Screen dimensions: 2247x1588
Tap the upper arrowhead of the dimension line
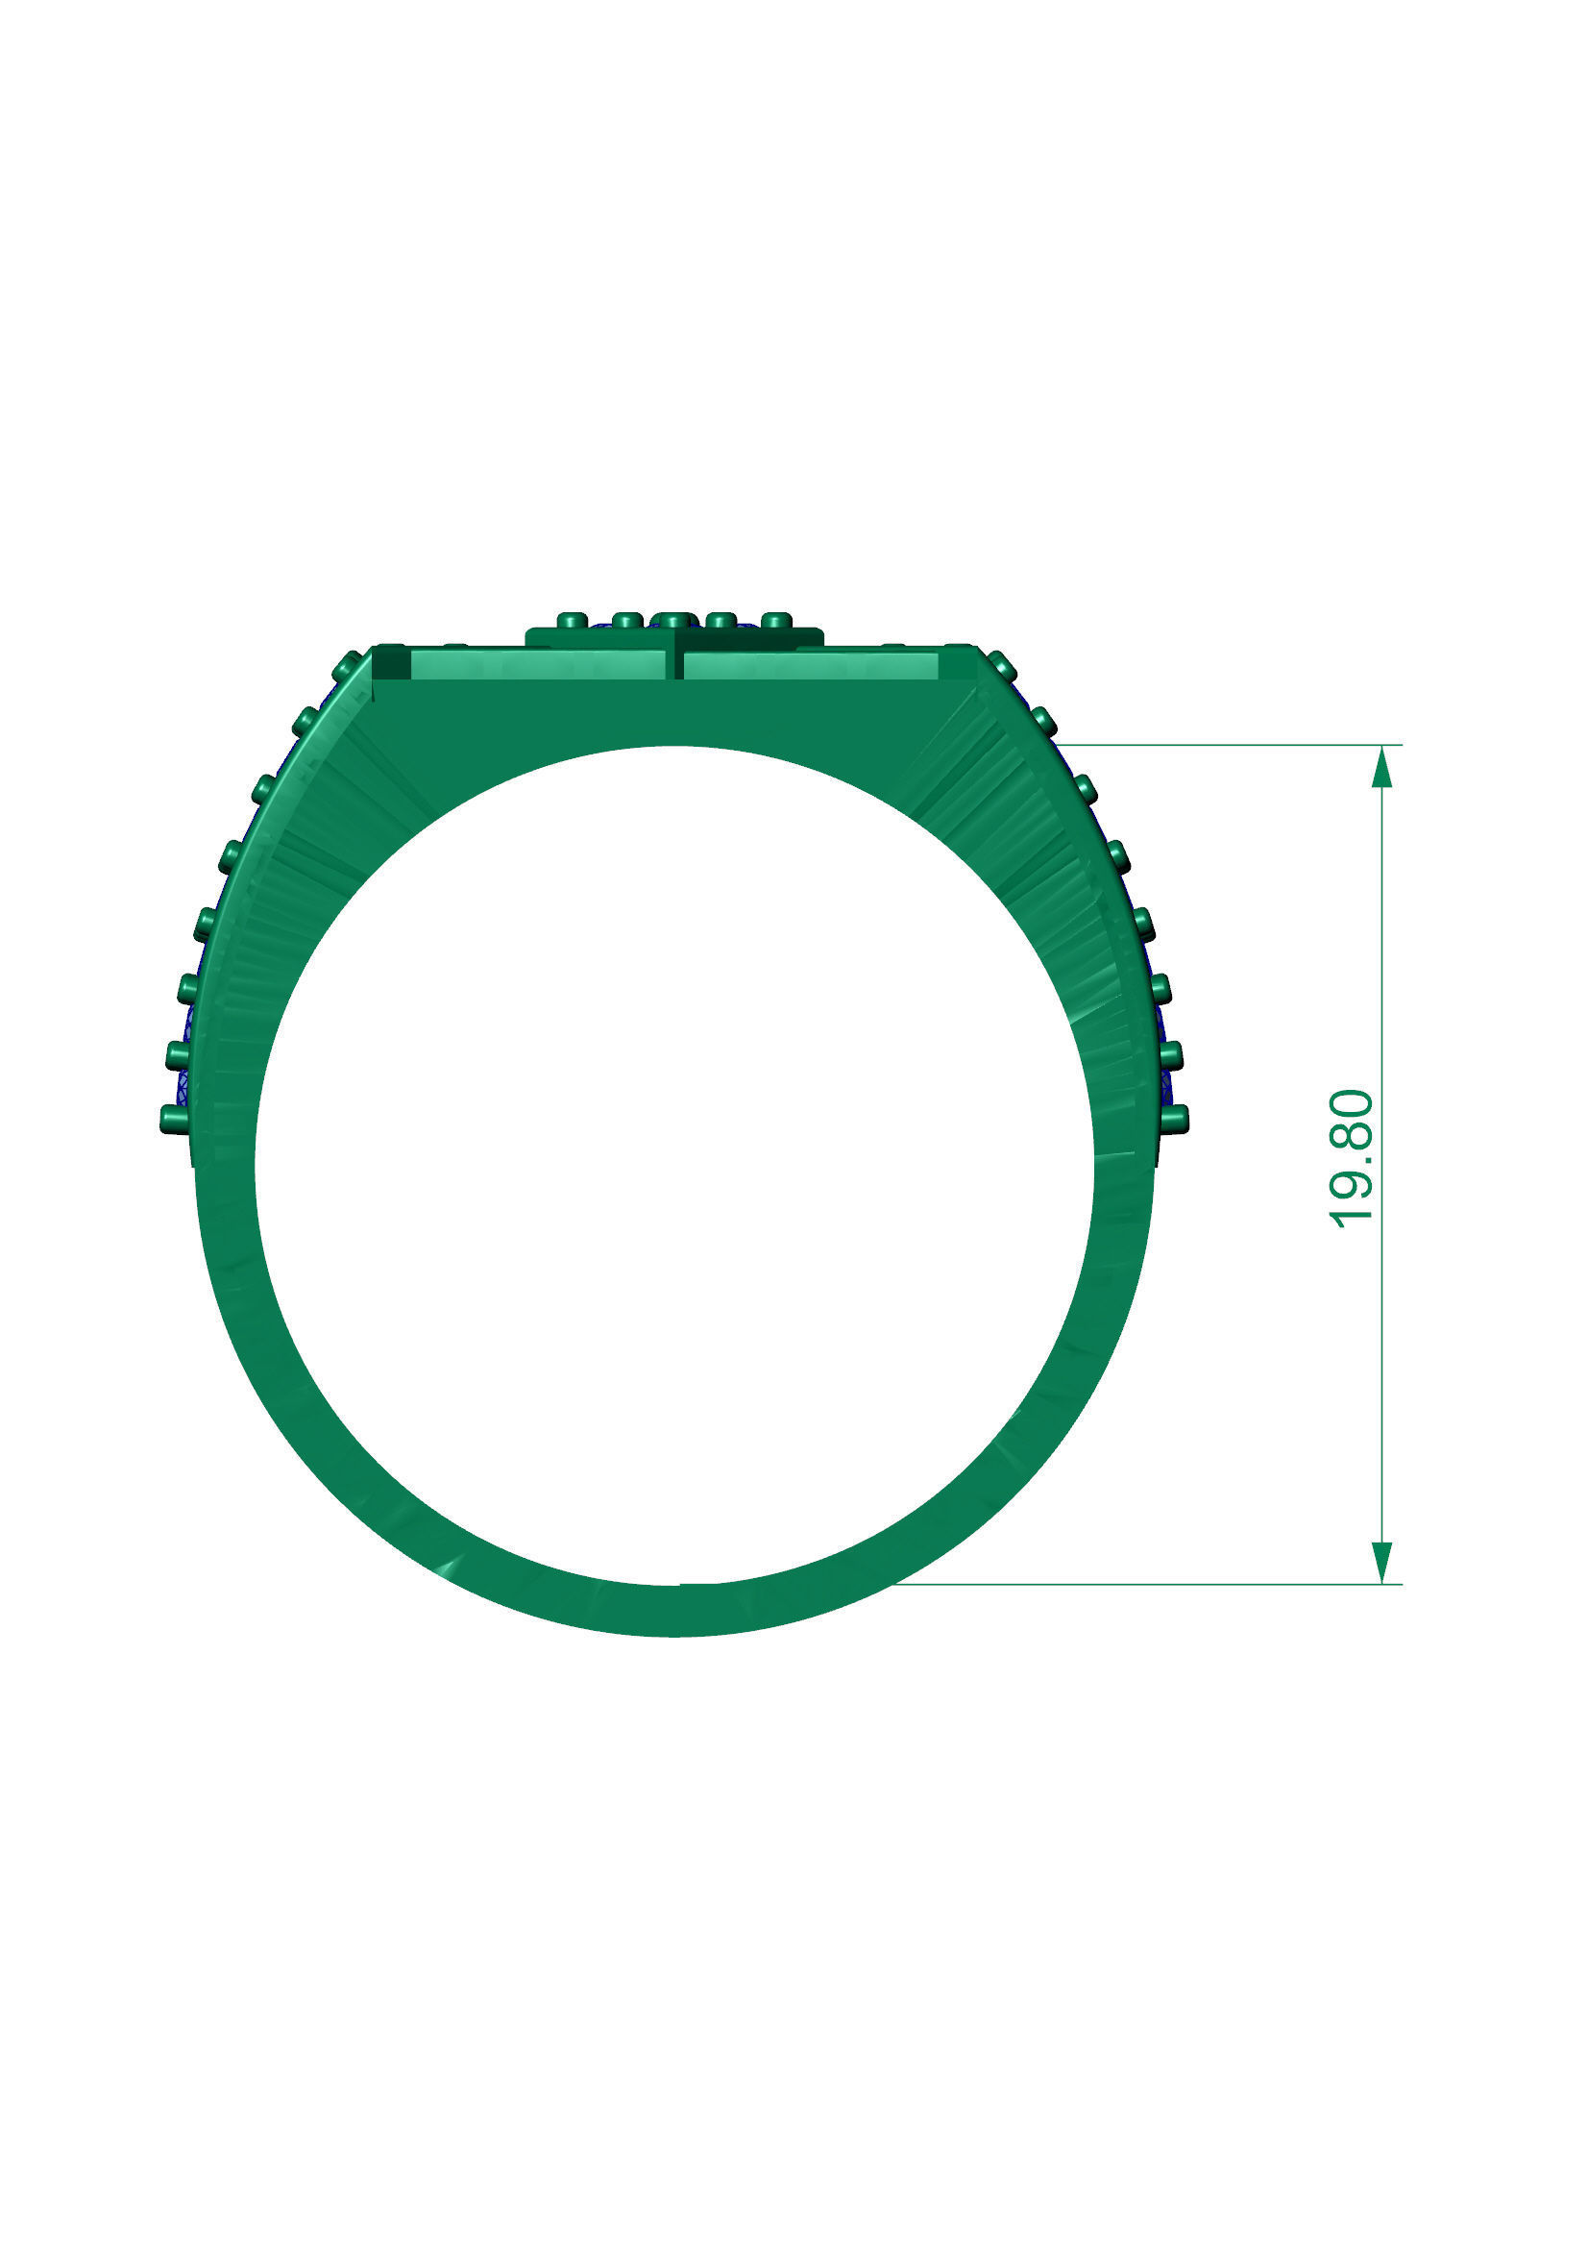click(x=1380, y=767)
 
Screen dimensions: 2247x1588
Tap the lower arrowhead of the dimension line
click(x=1380, y=1560)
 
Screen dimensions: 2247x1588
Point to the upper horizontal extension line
click(x=1223, y=745)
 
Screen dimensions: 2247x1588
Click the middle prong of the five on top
click(x=672, y=621)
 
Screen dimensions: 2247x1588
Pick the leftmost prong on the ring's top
click(x=571, y=621)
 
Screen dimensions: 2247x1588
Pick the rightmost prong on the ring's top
click(x=776, y=621)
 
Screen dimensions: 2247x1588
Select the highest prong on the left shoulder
click(x=347, y=665)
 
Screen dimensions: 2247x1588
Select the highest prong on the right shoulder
click(x=1002, y=665)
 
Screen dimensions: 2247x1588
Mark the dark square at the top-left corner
click(x=391, y=664)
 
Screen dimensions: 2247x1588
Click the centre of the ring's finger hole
click(x=674, y=1165)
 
